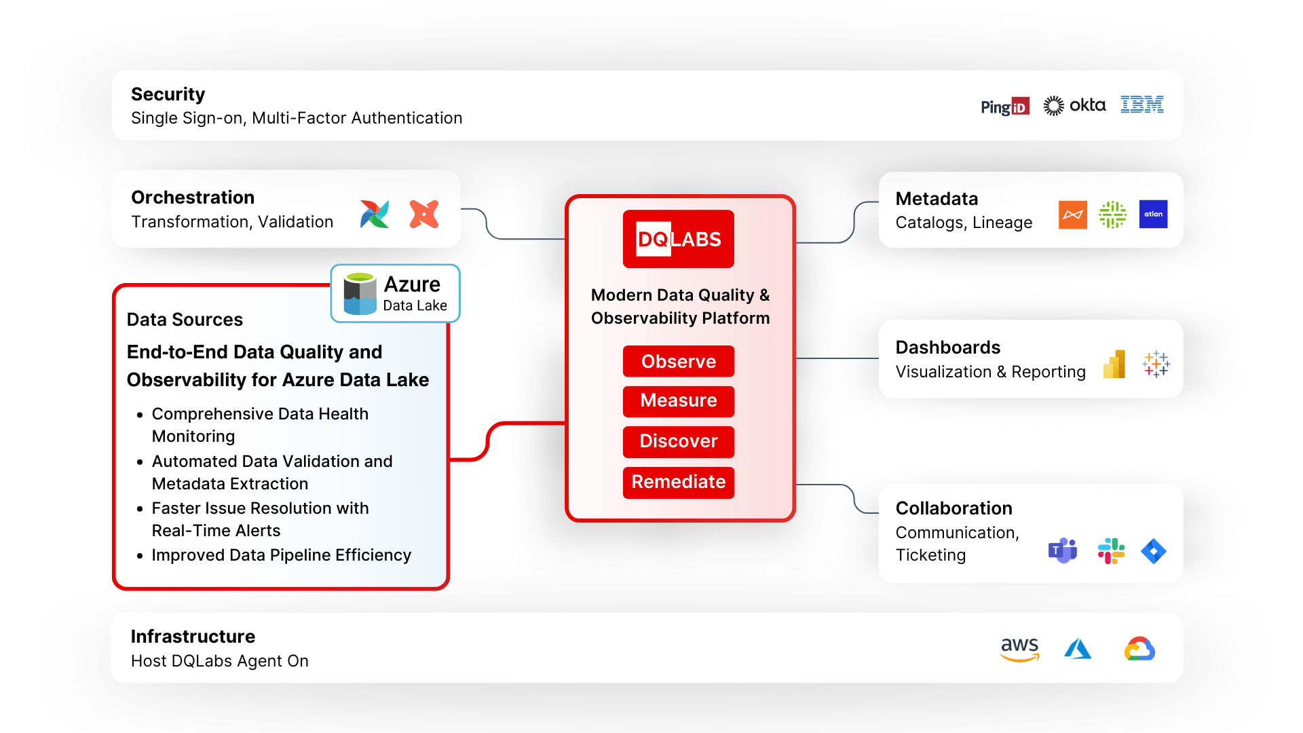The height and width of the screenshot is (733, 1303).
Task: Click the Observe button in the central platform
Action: [678, 361]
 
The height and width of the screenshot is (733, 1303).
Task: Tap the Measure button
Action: [678, 401]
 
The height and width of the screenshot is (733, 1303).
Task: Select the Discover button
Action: [678, 441]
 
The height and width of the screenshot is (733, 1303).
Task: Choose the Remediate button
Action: [678, 482]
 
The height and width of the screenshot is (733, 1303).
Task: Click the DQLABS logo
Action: [678, 239]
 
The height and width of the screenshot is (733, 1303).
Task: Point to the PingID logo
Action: [1004, 107]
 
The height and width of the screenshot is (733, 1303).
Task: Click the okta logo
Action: [1074, 105]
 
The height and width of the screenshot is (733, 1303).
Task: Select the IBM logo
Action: [1141, 105]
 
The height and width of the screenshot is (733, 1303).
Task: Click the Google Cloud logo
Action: [1139, 649]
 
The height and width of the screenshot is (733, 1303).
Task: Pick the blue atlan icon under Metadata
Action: [1153, 214]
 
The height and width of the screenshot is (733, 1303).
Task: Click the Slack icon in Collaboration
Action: [1111, 551]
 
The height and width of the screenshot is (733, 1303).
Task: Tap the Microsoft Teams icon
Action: [1063, 550]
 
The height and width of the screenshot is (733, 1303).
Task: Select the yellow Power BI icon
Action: [1114, 364]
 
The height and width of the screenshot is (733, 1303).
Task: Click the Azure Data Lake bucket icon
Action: [360, 294]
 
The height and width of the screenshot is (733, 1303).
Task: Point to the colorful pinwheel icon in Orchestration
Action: [375, 214]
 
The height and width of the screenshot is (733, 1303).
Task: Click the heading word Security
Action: [168, 94]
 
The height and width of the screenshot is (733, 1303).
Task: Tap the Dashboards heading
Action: [947, 347]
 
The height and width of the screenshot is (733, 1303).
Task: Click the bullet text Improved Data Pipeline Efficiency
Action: [281, 555]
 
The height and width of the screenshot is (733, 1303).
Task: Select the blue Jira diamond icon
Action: [1153, 551]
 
